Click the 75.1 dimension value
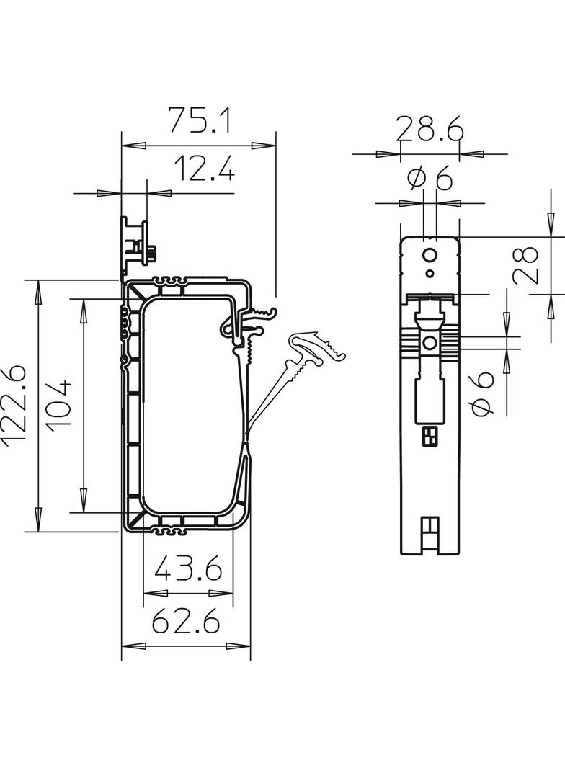coord(200,120)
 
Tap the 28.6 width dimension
coord(430,130)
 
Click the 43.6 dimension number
coord(188,571)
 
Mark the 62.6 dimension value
coord(186,621)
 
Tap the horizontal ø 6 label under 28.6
coord(430,179)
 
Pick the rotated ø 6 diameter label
coord(483,393)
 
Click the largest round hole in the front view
coord(430,255)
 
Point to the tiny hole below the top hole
coord(430,273)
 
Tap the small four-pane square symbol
coord(430,435)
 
